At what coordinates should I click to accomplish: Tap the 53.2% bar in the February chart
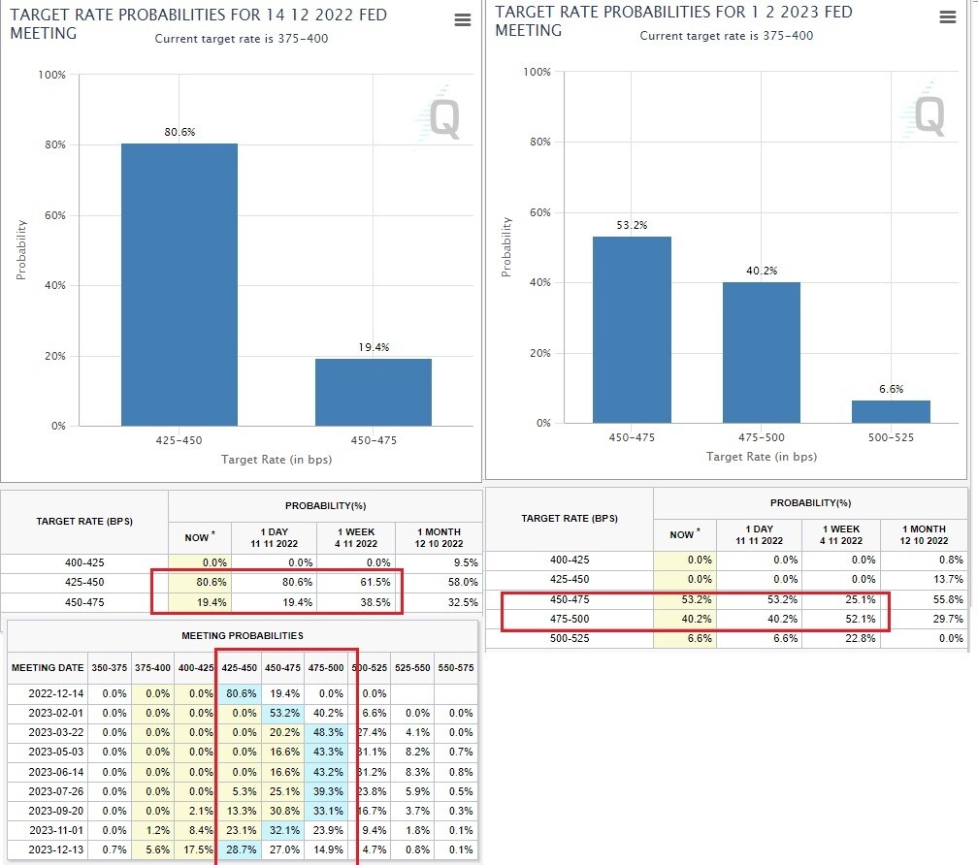(632, 330)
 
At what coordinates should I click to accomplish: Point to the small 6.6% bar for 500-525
(891, 412)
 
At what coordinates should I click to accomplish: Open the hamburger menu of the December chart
(463, 20)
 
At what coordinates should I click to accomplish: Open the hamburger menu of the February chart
(948, 17)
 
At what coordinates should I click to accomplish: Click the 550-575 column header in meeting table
(454, 668)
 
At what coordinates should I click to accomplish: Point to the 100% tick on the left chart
(51, 75)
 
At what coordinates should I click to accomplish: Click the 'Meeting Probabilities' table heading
(243, 635)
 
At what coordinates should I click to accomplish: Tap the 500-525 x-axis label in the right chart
(891, 437)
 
